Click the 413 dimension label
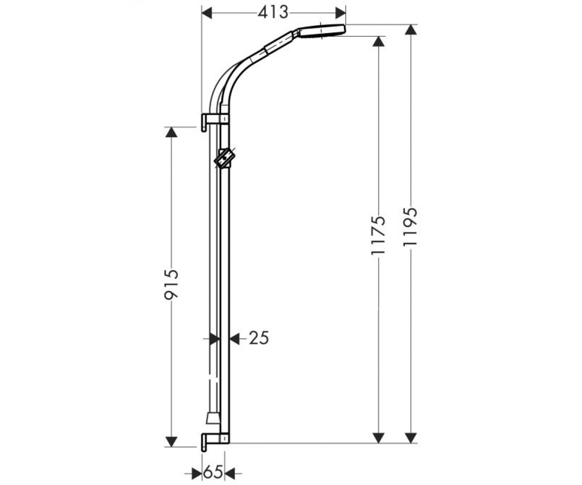pos(273,13)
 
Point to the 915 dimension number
pos(171,284)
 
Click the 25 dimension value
pos(259,338)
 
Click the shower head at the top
pos(322,31)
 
